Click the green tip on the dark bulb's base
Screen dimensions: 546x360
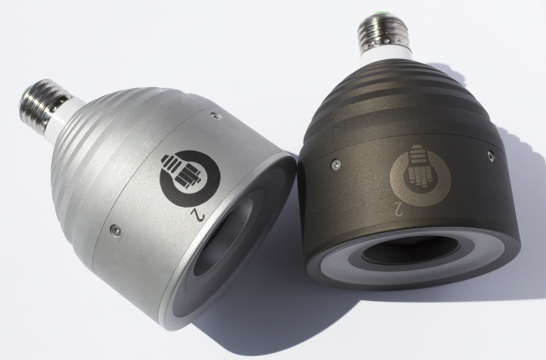tap(379, 14)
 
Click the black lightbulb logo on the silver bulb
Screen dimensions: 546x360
tap(189, 179)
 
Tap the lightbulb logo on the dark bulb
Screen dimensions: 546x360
tap(420, 175)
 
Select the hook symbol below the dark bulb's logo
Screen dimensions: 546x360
tap(399, 209)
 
